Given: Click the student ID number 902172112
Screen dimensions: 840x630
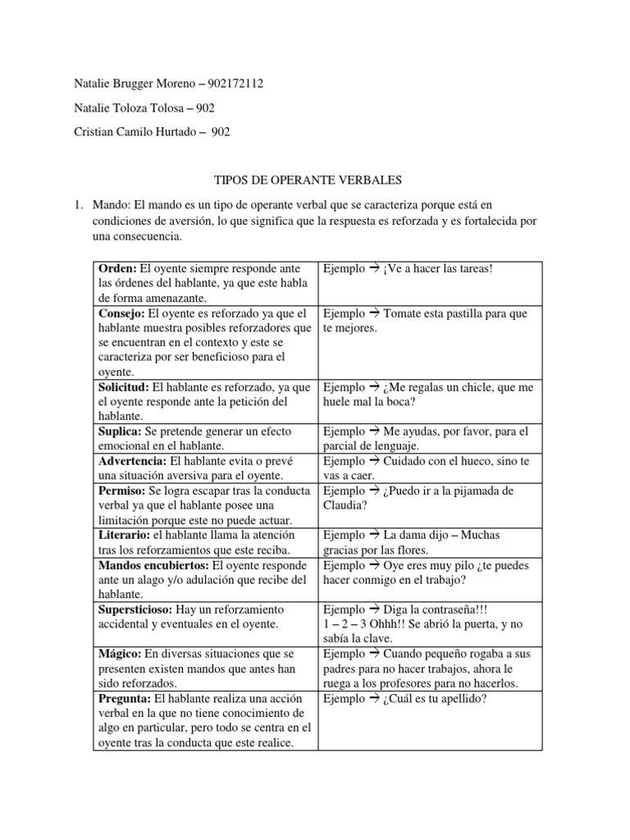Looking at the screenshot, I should point(235,84).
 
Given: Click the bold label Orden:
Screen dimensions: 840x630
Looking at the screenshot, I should point(118,269).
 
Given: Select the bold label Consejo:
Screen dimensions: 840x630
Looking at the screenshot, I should point(121,313).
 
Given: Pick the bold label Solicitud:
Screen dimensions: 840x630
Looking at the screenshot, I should point(125,387).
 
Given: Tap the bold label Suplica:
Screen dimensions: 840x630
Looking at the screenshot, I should point(121,431).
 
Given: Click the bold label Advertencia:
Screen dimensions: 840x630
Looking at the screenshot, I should point(134,461).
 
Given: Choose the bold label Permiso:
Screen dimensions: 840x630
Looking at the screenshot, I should point(123,491).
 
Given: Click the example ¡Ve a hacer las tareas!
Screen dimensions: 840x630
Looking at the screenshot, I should point(439,269).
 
